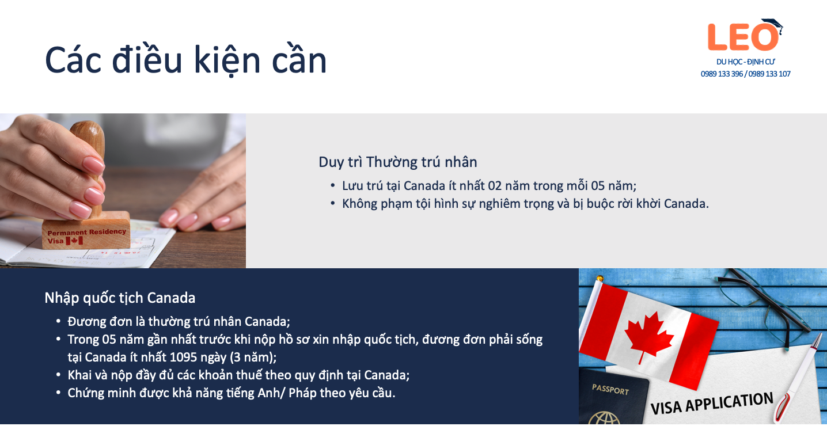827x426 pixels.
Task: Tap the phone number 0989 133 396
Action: point(722,74)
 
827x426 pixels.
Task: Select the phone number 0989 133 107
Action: point(769,74)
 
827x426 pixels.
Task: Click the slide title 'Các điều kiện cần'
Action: point(185,60)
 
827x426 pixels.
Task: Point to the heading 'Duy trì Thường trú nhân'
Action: point(397,162)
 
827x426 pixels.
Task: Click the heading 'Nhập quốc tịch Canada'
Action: point(120,298)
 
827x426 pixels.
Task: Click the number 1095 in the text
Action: point(184,357)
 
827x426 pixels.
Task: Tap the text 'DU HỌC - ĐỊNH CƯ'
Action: point(745,62)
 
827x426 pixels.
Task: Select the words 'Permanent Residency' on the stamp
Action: point(87,232)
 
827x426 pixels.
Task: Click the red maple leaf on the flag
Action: point(648,336)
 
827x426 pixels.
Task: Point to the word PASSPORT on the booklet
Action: point(610,390)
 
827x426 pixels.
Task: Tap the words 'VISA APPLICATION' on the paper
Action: point(712,404)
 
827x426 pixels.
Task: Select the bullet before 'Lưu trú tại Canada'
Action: point(333,185)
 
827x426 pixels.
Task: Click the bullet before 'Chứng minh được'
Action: point(58,393)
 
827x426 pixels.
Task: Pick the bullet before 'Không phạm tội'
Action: point(333,203)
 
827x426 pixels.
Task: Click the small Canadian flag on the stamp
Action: point(74,241)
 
